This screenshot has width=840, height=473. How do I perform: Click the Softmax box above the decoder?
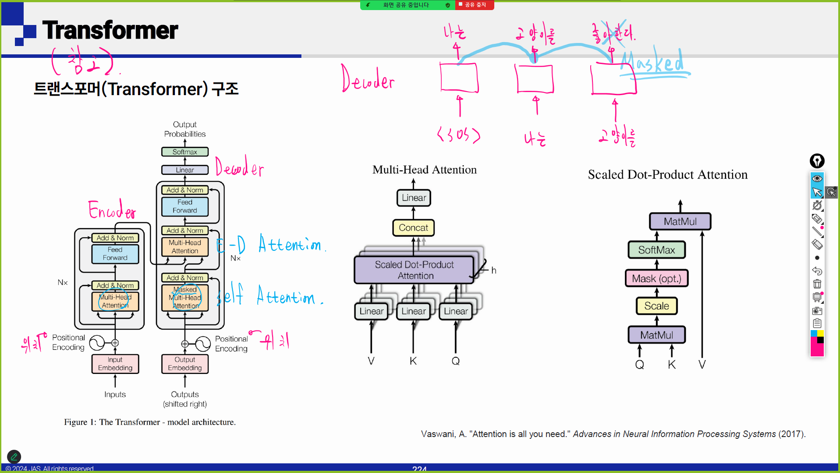click(184, 152)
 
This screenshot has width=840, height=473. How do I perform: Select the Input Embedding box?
click(115, 364)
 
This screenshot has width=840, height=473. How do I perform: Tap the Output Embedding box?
click(184, 364)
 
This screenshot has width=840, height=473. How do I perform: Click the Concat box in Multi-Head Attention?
click(413, 228)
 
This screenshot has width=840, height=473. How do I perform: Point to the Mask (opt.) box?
click(656, 278)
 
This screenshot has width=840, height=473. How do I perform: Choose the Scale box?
click(656, 306)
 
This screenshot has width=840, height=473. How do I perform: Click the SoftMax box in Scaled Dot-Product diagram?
click(656, 250)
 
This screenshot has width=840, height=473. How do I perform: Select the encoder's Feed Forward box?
click(115, 254)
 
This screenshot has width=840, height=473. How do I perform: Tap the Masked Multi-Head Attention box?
click(184, 298)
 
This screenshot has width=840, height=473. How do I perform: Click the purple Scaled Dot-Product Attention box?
click(415, 270)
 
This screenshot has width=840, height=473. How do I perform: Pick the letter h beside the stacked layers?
click(494, 270)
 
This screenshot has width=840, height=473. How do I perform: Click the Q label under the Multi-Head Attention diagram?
click(456, 361)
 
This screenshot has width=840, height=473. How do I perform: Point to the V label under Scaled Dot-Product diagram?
click(702, 365)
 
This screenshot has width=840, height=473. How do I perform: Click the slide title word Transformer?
click(110, 30)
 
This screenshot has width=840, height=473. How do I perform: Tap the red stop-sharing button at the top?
click(475, 5)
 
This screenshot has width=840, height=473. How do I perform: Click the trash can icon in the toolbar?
click(817, 284)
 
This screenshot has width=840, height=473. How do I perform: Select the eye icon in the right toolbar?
click(817, 178)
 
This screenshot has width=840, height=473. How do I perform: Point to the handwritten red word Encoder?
click(112, 210)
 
